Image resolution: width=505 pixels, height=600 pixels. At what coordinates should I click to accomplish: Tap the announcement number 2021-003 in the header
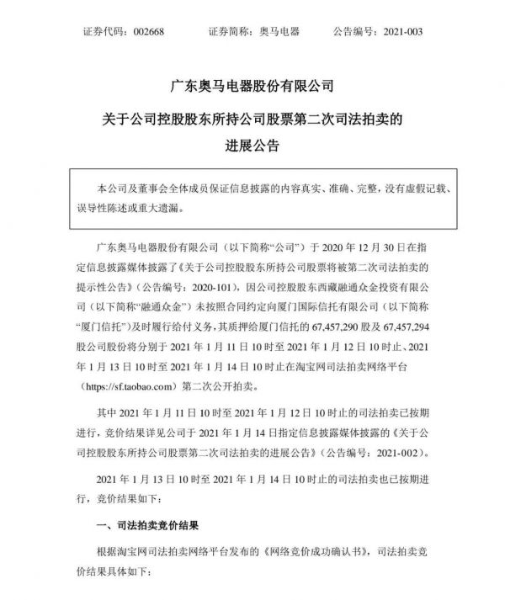coord(407,31)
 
